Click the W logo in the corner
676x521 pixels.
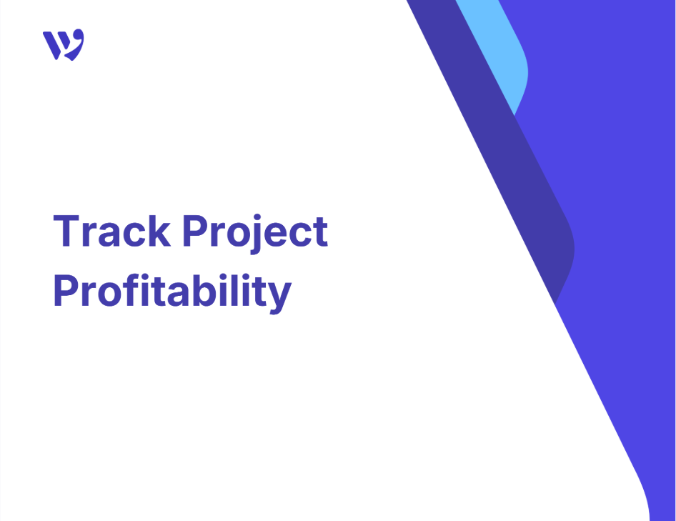[64, 44]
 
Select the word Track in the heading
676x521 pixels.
[112, 231]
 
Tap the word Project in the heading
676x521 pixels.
[255, 234]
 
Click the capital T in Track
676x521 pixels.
[66, 231]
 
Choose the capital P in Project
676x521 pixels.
[196, 231]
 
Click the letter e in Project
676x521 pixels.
[276, 235]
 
